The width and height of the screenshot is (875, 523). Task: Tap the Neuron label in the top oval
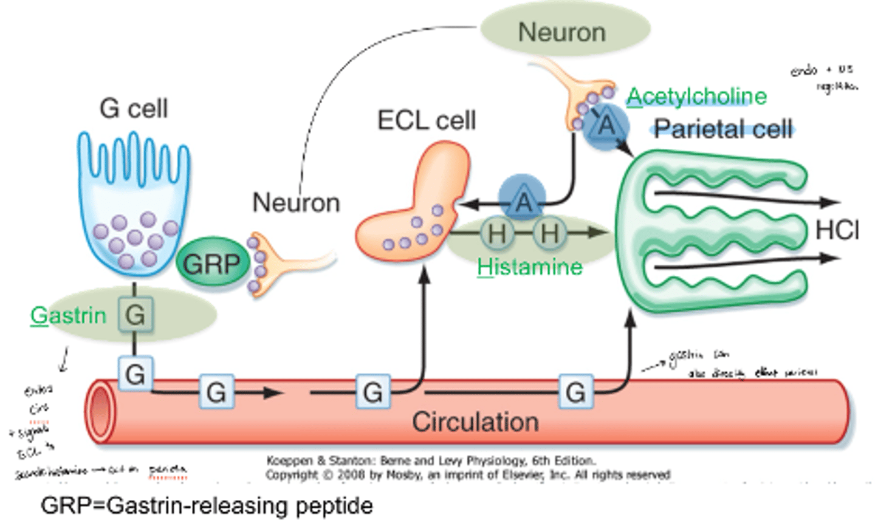click(561, 32)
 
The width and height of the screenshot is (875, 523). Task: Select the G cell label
click(133, 109)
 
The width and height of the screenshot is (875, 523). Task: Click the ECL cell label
click(426, 120)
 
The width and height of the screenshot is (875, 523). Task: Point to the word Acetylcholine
click(696, 96)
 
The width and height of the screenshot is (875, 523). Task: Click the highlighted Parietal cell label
click(723, 129)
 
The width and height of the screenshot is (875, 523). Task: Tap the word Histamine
click(529, 267)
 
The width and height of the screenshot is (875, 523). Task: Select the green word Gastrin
click(68, 315)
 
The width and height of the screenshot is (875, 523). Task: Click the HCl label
click(837, 231)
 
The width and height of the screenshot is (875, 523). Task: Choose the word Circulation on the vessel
click(475, 422)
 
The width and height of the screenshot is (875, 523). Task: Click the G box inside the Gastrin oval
click(135, 315)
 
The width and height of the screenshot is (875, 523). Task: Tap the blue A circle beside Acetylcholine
click(606, 126)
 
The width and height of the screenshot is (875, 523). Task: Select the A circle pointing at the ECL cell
click(523, 201)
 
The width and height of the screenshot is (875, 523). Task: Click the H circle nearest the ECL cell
click(496, 233)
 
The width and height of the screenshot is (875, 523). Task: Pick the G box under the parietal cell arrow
click(575, 392)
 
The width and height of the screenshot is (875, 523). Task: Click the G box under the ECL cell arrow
click(372, 392)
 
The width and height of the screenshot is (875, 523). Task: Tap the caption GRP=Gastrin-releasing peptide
click(207, 505)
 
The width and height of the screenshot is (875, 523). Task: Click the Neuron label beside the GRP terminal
click(296, 202)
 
